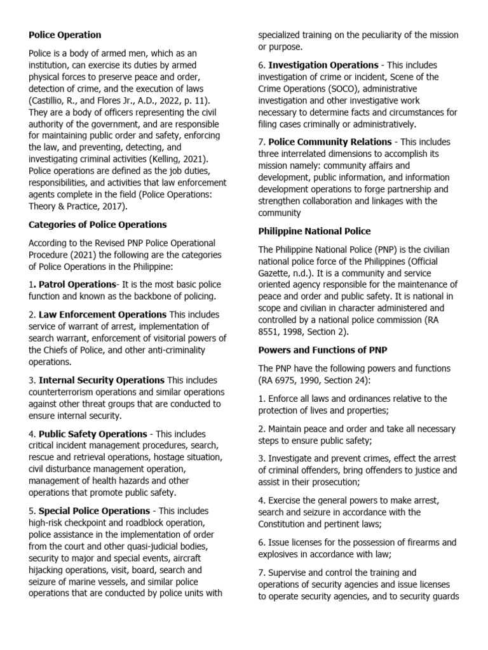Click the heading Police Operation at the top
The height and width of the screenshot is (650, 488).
pos(65,35)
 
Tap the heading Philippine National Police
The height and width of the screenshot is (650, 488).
pos(314,231)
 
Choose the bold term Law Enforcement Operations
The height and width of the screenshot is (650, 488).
pos(102,315)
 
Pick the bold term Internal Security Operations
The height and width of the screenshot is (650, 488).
pos(102,380)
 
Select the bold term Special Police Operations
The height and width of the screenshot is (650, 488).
pos(94,511)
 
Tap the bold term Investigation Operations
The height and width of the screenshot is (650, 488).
pos(323,65)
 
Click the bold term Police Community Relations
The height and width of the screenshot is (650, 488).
pos(330,142)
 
